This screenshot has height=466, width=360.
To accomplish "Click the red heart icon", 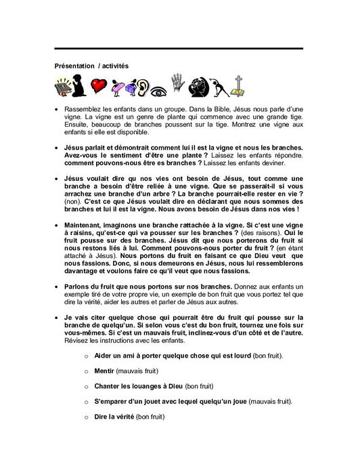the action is pyautogui.click(x=99, y=86).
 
